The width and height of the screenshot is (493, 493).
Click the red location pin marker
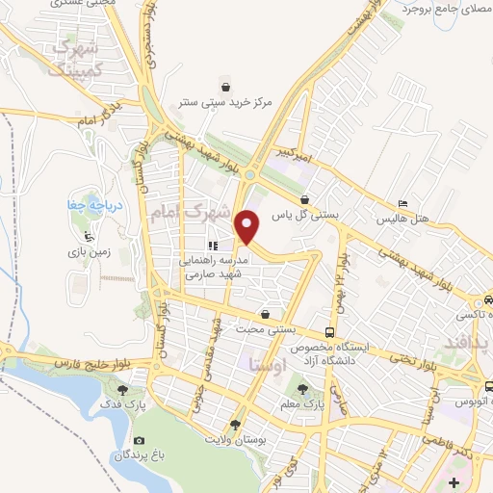248,226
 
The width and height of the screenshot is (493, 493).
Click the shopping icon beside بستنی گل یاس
303,200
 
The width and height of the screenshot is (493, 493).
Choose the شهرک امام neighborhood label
191,213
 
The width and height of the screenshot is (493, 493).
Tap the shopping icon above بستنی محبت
265,314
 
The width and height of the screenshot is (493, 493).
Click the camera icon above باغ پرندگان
139,441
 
